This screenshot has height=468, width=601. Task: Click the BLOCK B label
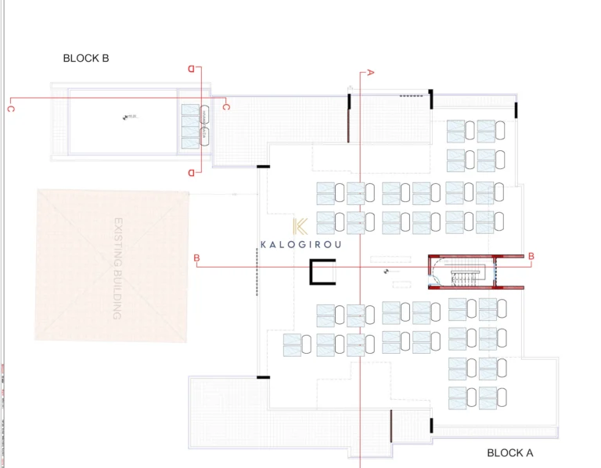tap(92, 58)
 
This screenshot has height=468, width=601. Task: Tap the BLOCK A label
tap(510, 452)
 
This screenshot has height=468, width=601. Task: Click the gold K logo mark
tap(300, 227)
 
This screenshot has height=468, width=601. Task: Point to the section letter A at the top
tap(371, 72)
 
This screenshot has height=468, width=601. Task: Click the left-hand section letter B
tap(196, 257)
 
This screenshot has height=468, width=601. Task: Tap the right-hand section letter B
tap(531, 256)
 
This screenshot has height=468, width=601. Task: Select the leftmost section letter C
tap(10, 109)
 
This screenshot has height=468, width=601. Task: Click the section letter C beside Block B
tap(226, 106)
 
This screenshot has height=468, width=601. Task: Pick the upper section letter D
tap(191, 69)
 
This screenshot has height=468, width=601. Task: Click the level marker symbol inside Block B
tap(125, 117)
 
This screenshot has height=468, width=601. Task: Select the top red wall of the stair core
tap(476, 256)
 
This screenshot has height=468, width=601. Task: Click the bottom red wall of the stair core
tap(476, 287)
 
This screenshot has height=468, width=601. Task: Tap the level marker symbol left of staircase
tap(386, 272)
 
